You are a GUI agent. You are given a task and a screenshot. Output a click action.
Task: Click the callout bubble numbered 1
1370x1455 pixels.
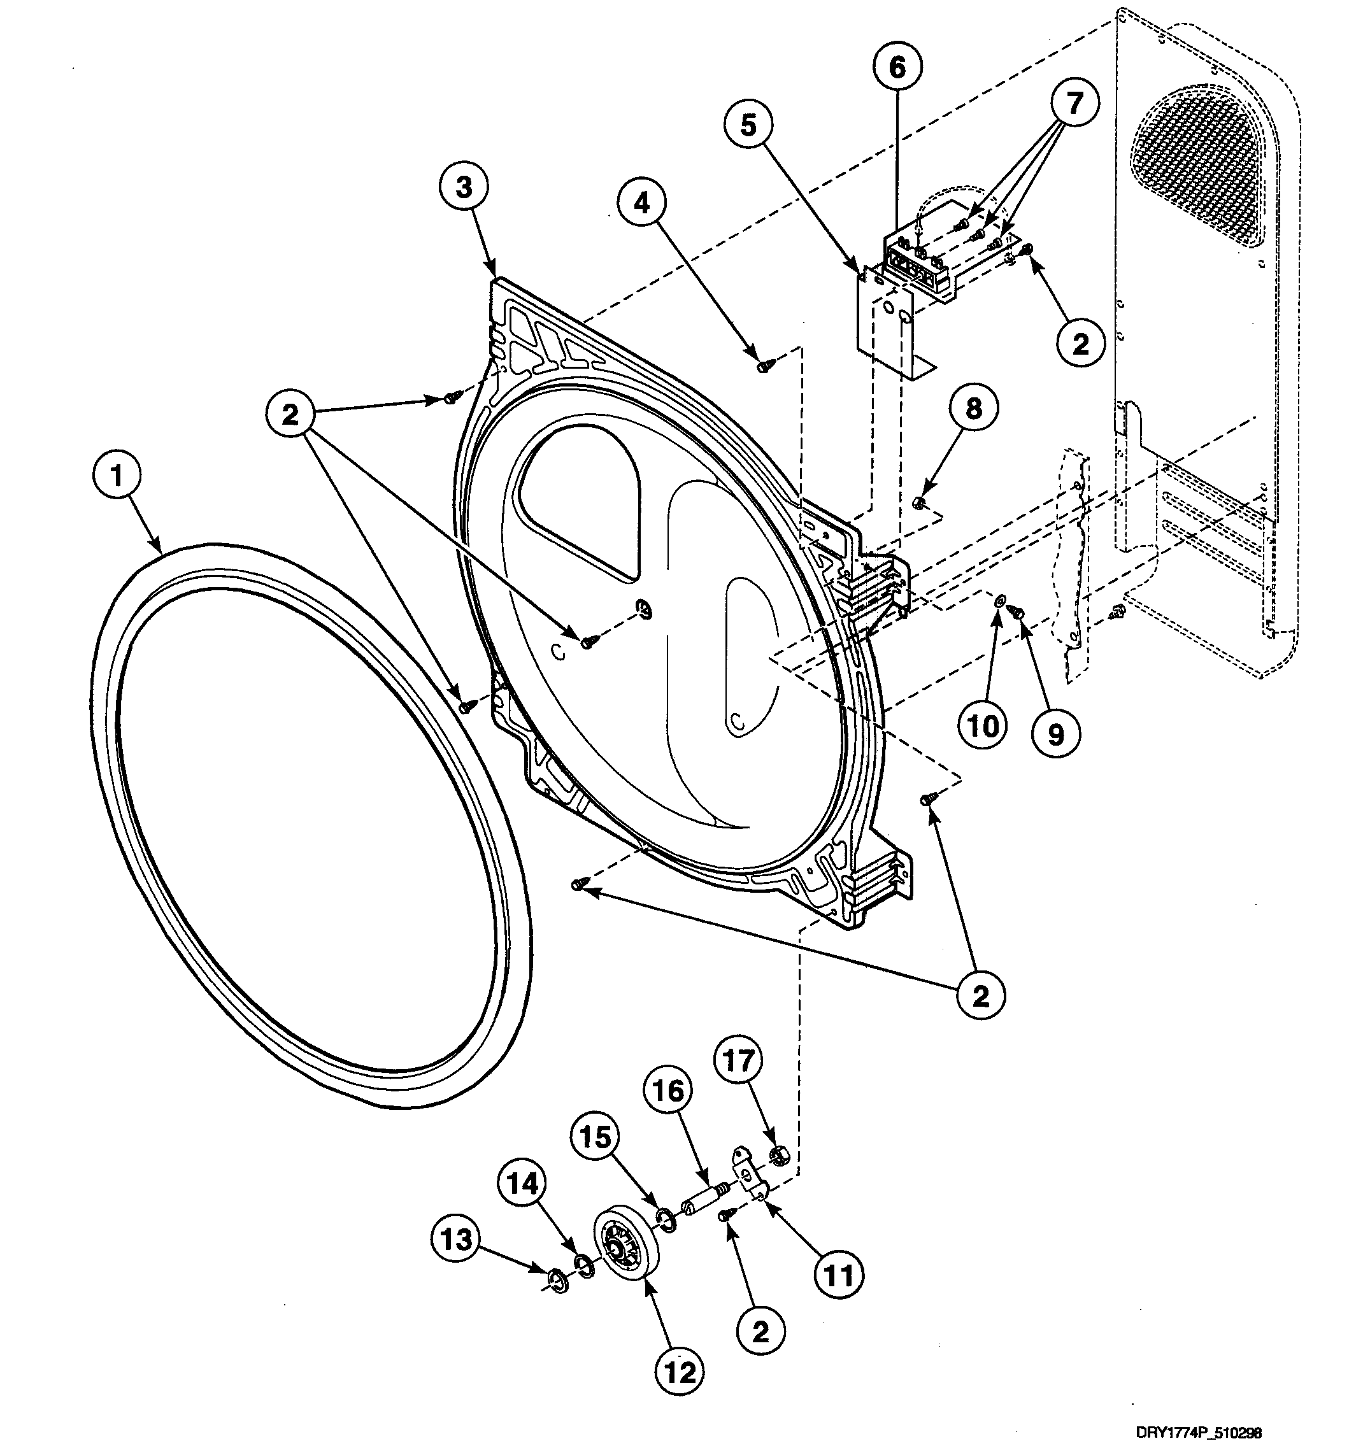pos(117,476)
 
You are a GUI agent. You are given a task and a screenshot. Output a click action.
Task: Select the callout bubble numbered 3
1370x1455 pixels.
pos(464,188)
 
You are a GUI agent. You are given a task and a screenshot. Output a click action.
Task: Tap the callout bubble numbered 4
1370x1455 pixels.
pos(641,204)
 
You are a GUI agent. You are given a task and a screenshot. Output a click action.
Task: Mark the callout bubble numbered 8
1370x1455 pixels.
pos(973,408)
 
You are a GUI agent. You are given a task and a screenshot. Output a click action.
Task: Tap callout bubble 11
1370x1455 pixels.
pos(840,1275)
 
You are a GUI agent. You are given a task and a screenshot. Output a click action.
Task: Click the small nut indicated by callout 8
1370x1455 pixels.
pos(918,502)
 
